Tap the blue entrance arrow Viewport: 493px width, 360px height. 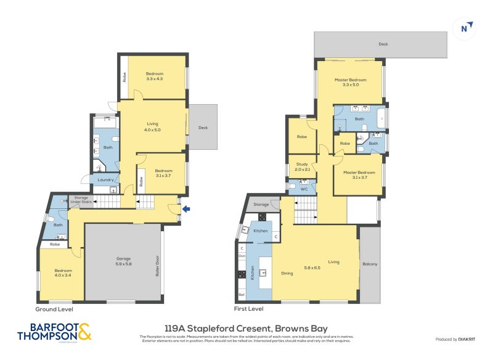(187, 210)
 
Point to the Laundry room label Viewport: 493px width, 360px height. (105, 180)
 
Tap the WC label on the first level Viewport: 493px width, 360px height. (304, 189)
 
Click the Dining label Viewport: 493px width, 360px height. (287, 272)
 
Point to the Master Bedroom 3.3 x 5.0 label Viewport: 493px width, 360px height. (350, 82)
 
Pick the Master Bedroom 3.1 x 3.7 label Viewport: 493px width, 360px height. (358, 174)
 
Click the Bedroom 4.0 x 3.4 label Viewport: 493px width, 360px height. (62, 274)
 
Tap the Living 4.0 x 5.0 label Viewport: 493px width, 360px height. (152, 126)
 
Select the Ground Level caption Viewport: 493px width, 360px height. (54, 308)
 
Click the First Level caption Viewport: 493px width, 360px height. (248, 308)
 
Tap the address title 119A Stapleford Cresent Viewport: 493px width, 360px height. (246, 329)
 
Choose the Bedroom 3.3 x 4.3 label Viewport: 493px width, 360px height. (154, 76)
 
